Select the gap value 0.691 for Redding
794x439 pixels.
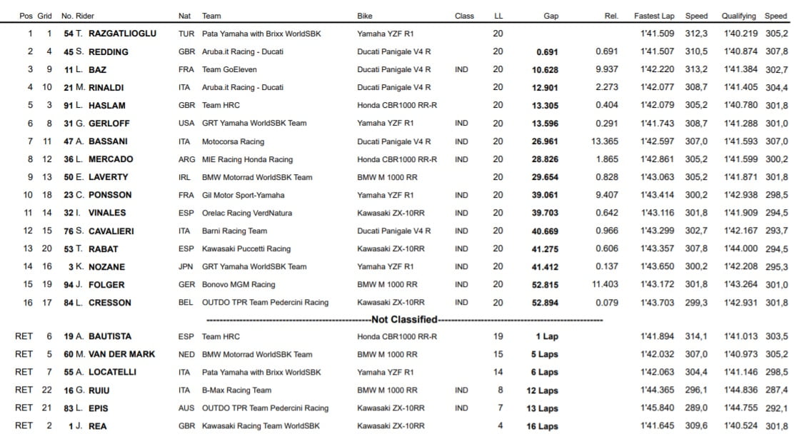tap(547, 52)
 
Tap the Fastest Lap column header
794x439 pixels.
tap(654, 16)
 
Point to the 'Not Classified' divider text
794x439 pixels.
tap(404, 320)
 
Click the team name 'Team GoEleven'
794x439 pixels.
tap(229, 70)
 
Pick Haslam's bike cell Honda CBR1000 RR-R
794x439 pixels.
tap(397, 106)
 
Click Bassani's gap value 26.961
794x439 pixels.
tap(546, 141)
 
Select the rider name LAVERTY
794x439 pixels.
tap(108, 177)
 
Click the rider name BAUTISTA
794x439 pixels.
tap(107, 336)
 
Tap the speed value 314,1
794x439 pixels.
tap(696, 336)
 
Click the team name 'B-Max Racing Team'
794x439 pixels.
tap(236, 390)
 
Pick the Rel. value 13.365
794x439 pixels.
tap(605, 141)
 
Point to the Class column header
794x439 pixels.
tap(464, 16)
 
